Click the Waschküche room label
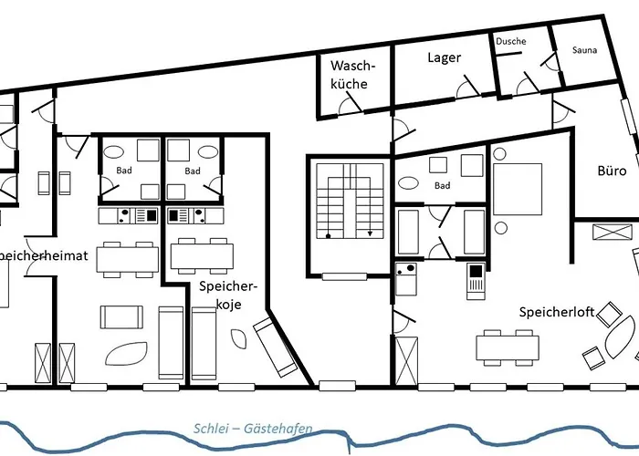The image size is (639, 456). click(349, 75)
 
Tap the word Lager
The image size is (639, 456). click(444, 58)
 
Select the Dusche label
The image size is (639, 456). click(511, 42)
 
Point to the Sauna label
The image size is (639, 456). click(584, 50)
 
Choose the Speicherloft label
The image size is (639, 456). click(557, 312)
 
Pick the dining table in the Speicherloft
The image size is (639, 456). click(505, 347)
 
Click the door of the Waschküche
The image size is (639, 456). click(349, 107)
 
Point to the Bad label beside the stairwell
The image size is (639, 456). click(443, 186)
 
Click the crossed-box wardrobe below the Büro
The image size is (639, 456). click(612, 231)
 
